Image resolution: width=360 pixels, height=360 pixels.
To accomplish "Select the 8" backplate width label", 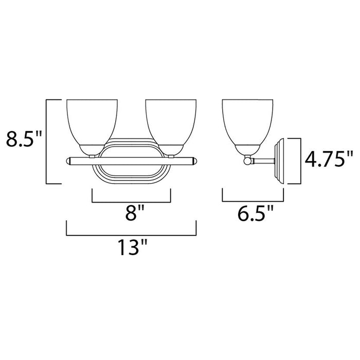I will point(131,213).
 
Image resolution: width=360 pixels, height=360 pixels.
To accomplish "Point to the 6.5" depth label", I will point(253,213).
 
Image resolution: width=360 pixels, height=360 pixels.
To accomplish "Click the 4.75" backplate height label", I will point(330,160).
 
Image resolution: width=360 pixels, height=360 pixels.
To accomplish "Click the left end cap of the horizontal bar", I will point(67,161).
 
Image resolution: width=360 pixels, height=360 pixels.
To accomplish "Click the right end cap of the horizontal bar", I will point(194,161).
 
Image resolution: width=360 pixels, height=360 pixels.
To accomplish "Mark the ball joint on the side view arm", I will point(248,161).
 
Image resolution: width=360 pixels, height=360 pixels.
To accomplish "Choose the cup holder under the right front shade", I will point(170,150).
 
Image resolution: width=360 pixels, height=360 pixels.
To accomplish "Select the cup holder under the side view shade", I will point(247,150).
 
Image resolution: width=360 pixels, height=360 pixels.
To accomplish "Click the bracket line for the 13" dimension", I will point(131,235).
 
